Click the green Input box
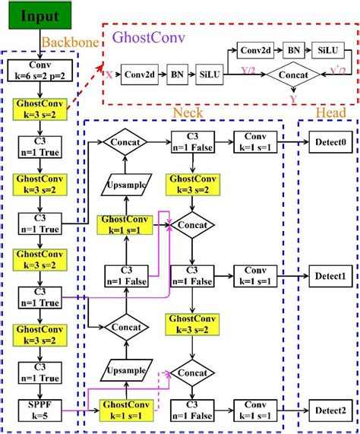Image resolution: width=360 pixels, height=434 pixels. coord(39,16)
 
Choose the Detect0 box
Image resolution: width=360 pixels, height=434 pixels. coord(328,141)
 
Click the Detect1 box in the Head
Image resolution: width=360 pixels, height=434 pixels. coord(328,275)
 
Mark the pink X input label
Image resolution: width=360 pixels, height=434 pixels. coord(109,76)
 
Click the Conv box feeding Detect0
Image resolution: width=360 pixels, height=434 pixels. coord(255,141)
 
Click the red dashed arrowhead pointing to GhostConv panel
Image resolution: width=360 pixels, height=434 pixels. coord(103,68)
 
